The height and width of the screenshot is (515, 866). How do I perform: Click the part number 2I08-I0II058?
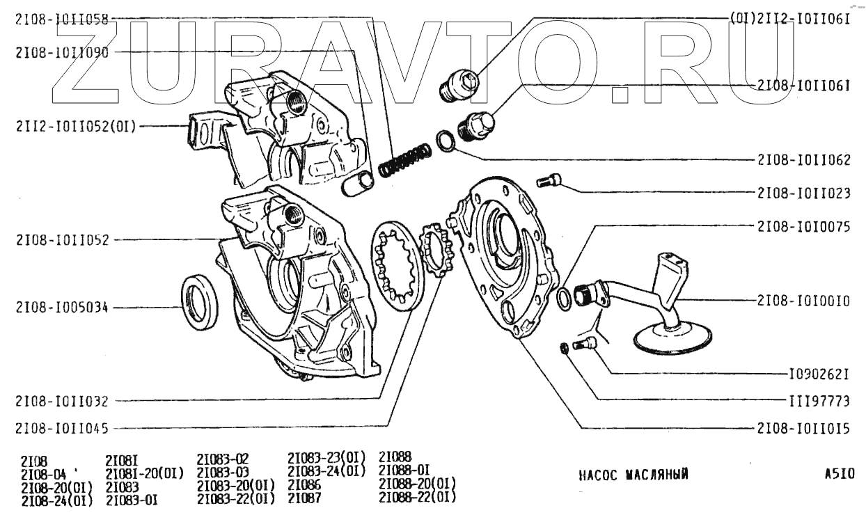(x=61, y=20)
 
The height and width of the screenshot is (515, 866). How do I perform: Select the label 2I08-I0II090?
(x=61, y=51)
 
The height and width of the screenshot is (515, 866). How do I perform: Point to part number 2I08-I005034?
(x=61, y=308)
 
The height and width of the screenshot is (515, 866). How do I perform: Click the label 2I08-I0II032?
(x=61, y=401)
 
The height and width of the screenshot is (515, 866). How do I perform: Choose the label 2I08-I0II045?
(x=61, y=428)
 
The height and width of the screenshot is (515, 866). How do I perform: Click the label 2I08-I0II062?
(x=804, y=159)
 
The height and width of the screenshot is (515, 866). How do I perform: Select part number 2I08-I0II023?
(x=804, y=193)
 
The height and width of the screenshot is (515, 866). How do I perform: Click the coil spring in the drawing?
(x=403, y=159)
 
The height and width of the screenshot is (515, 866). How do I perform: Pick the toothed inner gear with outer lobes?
(x=436, y=251)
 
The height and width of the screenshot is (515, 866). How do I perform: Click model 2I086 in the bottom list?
(x=304, y=484)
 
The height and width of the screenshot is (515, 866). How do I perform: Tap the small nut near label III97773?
(x=566, y=347)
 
